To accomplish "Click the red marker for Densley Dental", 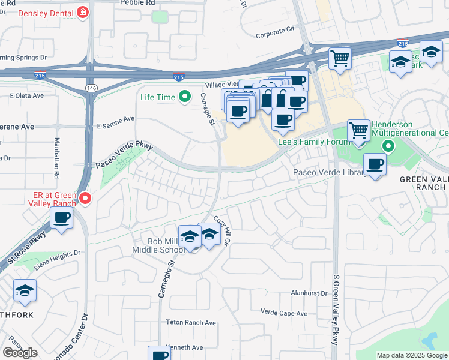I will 82,11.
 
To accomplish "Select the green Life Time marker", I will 185,96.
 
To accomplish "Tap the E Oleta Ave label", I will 27,96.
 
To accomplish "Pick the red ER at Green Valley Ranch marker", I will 85,197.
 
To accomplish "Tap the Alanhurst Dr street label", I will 309,293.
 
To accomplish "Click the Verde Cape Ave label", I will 285,311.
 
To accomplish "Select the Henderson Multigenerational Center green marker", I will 388,145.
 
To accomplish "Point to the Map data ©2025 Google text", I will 412,355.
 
